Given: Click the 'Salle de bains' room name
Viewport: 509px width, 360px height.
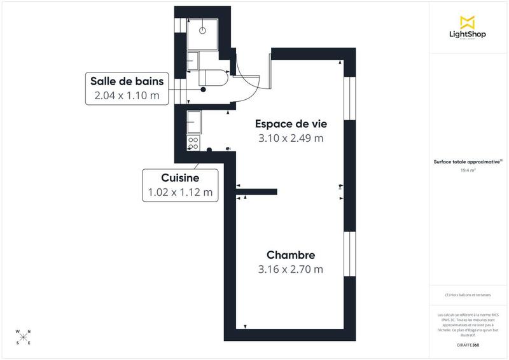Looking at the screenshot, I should pos(127,81).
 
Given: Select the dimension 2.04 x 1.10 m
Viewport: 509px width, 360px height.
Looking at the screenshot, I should pos(127,96).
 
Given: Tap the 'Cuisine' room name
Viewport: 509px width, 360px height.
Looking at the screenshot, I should pos(180,179).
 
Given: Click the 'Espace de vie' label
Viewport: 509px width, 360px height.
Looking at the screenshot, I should pos(289,123).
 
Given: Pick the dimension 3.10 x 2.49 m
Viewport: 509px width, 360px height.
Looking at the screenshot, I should pos(289,138).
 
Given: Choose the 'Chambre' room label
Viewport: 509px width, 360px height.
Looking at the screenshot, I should pos(291,255).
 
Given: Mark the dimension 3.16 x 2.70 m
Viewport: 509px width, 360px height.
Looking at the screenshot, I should pos(291,270).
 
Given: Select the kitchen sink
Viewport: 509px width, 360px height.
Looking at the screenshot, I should pos(194,120).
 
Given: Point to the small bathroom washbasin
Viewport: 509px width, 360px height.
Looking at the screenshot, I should pos(192,60).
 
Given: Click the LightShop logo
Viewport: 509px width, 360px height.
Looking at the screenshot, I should pos(468,27).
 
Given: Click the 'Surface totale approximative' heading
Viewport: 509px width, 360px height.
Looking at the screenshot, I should pos(468,162).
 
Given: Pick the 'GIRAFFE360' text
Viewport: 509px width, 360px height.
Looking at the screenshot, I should pos(468,345).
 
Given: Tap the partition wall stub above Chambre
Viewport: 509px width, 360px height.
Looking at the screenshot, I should pos(256,190).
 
